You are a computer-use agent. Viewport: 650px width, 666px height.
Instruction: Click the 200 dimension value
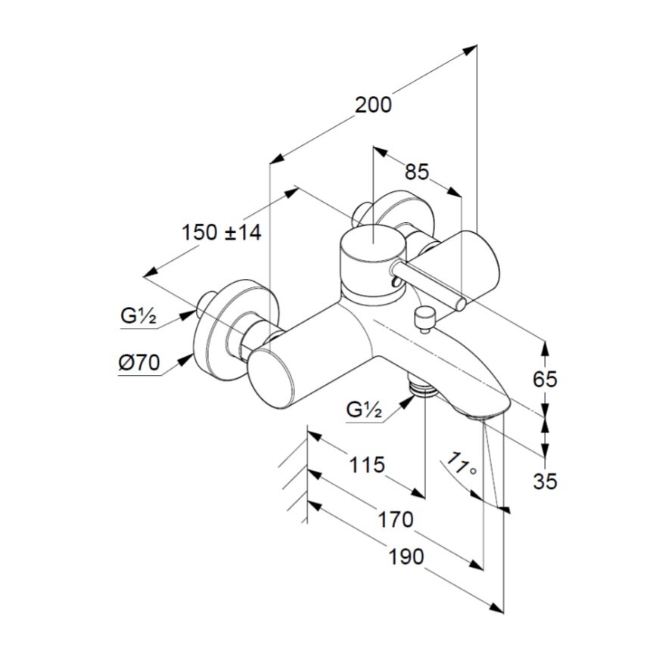[374, 104]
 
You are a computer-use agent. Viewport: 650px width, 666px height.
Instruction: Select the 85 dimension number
[416, 172]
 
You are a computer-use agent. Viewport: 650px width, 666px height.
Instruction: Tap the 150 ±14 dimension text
[221, 232]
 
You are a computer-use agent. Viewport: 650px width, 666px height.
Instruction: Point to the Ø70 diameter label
[138, 364]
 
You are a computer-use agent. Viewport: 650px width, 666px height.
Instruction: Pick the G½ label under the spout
[365, 410]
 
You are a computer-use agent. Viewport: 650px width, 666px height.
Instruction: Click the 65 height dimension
[545, 379]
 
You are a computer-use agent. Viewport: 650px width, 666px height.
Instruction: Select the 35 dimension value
[545, 481]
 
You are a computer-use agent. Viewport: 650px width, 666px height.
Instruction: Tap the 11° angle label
[462, 463]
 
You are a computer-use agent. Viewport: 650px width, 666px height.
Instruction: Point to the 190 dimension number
[406, 556]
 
